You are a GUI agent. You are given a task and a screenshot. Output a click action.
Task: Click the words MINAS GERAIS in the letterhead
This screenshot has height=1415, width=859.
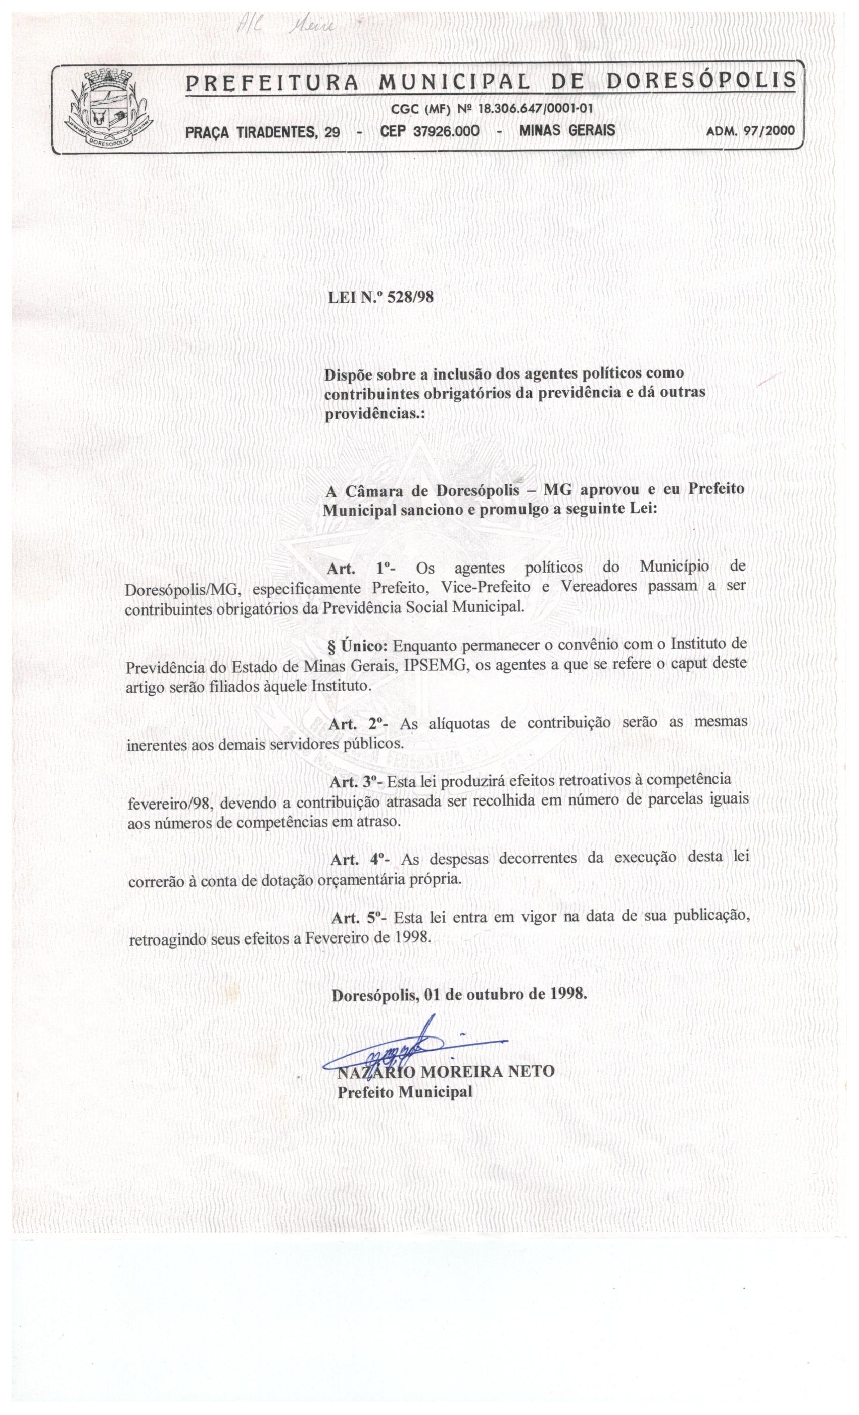tap(567, 130)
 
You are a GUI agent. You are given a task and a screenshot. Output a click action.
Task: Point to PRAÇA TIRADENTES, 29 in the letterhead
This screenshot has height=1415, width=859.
tap(262, 132)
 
